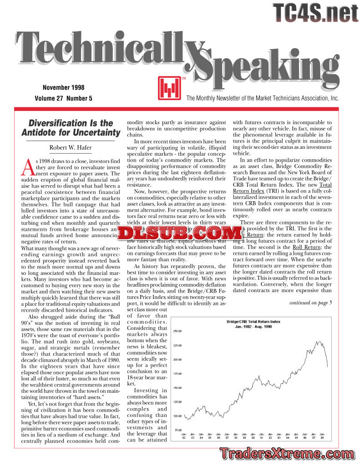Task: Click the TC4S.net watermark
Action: point(315,12)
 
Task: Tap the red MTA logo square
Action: point(167,88)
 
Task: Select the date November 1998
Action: point(63,87)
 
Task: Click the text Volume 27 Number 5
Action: point(63,98)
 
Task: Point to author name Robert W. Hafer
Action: point(71,147)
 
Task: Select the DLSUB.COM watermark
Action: point(179,233)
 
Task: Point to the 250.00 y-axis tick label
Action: point(177,331)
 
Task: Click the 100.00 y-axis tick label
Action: point(177,416)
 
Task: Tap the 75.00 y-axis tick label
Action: point(178,430)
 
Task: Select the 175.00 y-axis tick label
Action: point(177,374)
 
